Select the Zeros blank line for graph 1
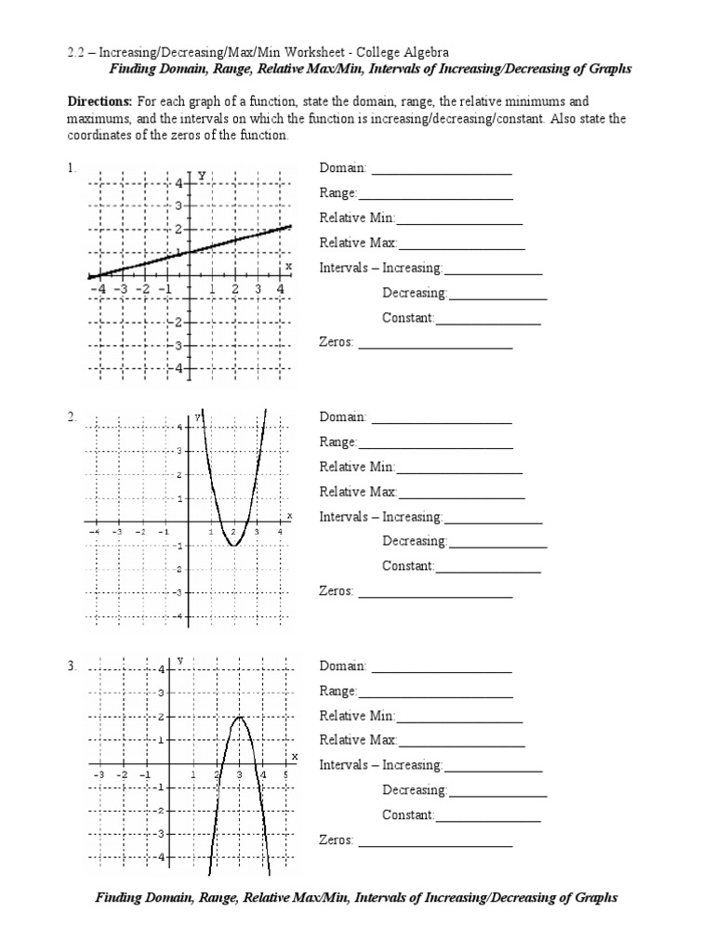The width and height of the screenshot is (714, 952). click(x=435, y=348)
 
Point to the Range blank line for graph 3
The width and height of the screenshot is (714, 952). click(x=436, y=696)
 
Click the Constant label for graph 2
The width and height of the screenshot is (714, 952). click(x=408, y=566)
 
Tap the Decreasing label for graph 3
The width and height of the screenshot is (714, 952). click(x=415, y=790)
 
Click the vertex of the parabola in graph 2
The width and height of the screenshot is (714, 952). click(x=233, y=546)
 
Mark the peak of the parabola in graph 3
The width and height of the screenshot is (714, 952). click(x=240, y=717)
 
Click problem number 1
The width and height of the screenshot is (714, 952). click(x=70, y=168)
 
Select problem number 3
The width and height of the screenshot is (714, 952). click(x=71, y=666)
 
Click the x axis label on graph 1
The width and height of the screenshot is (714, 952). click(x=288, y=266)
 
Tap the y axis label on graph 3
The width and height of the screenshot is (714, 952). click(x=179, y=660)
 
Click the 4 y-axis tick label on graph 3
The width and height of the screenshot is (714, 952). click(x=161, y=669)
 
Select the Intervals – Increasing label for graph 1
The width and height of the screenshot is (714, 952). click(x=381, y=268)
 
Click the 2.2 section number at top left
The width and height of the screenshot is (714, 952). click(x=74, y=54)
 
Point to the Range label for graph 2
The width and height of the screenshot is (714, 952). click(x=338, y=443)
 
